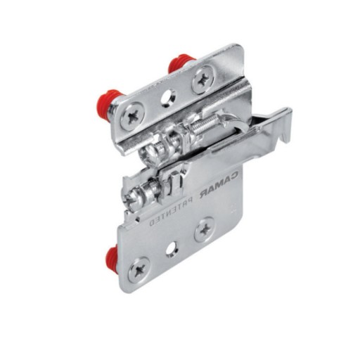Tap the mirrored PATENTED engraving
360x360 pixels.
[171, 212]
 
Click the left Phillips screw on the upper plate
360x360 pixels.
[131, 115]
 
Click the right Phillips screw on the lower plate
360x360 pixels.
[205, 229]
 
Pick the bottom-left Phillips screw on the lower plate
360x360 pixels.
[139, 270]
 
